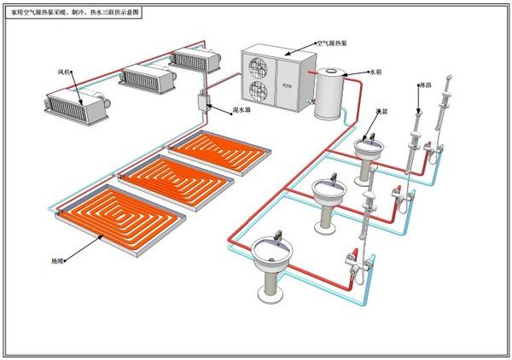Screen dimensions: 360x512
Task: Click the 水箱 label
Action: tap(375, 72)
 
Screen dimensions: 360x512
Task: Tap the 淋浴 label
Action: tap(423, 86)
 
